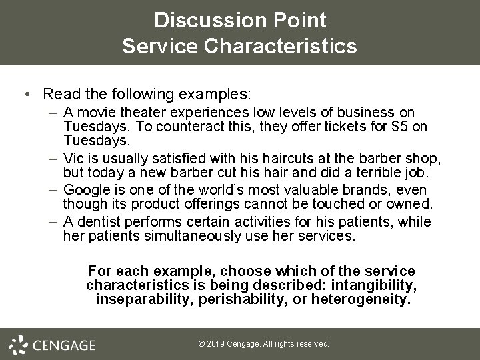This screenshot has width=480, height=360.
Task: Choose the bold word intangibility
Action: tap(379, 285)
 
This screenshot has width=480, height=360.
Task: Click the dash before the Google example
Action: tap(53, 189)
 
